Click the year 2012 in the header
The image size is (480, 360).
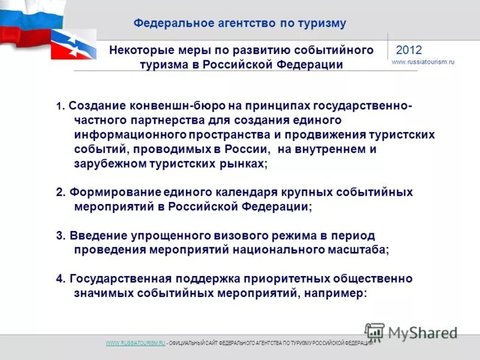tap(409, 50)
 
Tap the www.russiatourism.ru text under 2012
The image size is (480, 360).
tap(423, 62)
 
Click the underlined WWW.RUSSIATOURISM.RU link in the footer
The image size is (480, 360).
tap(135, 343)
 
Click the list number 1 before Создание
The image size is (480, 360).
tap(59, 107)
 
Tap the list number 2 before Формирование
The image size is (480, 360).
tap(59, 192)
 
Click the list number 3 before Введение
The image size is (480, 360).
tap(59, 235)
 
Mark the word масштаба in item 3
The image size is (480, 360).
tap(359, 250)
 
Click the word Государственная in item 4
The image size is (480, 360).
tap(121, 279)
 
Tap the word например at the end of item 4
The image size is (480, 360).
tap(335, 293)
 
